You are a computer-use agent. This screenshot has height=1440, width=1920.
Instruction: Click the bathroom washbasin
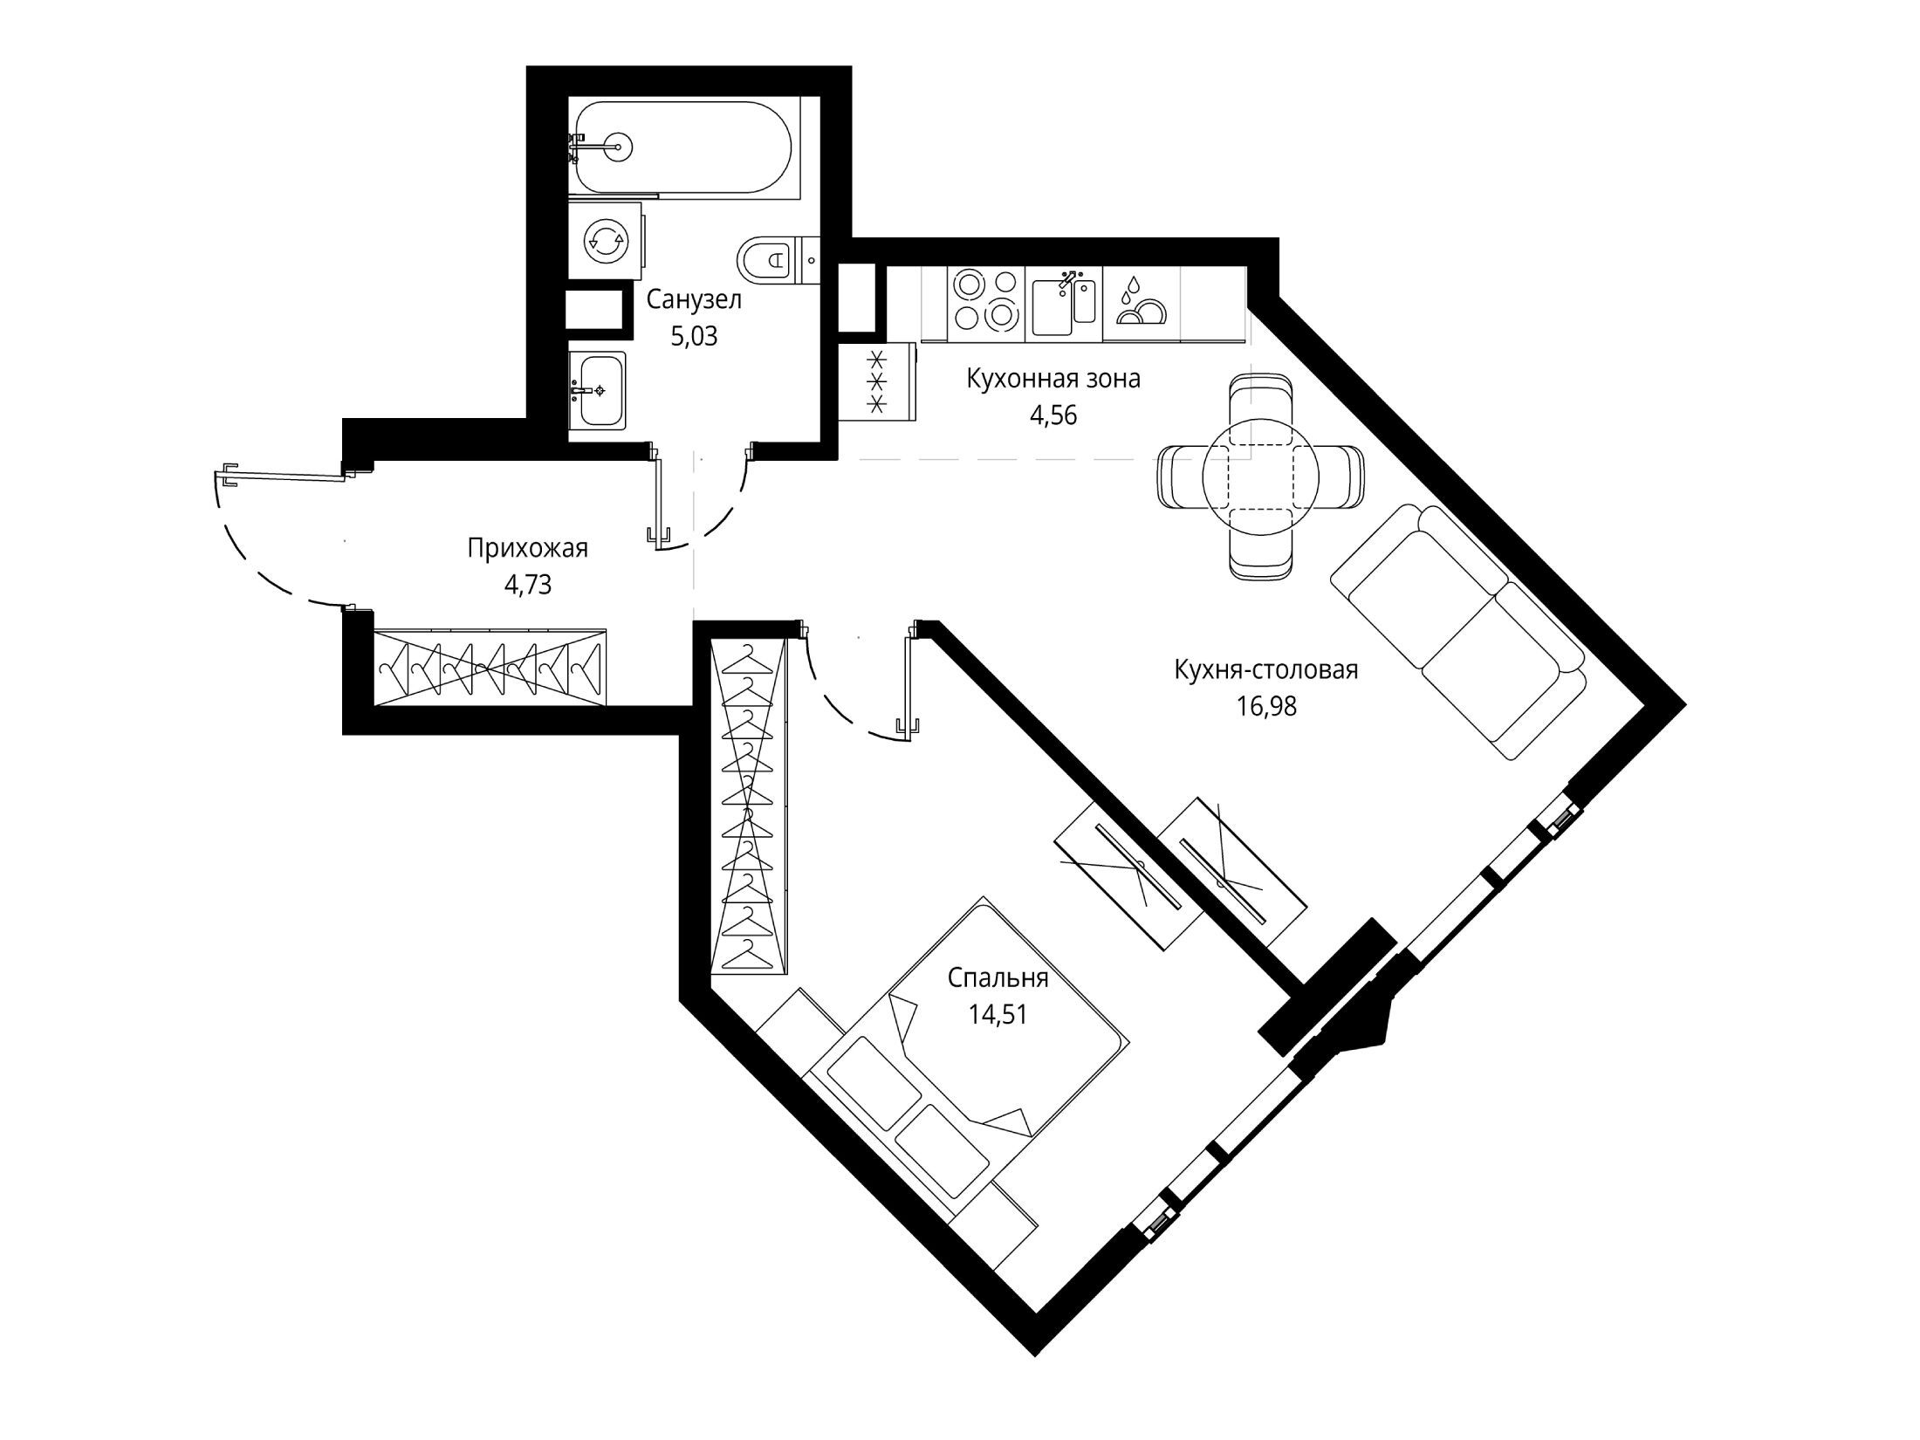click(598, 390)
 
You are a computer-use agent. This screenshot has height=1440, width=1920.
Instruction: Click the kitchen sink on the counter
click(1063, 305)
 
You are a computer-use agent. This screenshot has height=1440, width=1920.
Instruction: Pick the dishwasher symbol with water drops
click(1140, 302)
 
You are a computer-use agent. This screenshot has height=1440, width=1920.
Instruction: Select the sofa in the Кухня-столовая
click(1457, 631)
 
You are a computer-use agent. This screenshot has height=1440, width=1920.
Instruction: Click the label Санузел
click(694, 300)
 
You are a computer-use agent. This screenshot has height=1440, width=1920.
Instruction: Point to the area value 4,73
click(528, 584)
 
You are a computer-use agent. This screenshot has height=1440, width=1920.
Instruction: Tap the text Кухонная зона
click(1053, 380)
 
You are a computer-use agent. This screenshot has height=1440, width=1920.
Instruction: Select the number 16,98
click(1266, 706)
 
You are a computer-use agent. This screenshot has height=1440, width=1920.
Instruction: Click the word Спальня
click(998, 978)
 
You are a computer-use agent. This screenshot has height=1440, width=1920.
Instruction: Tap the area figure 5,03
click(694, 336)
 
